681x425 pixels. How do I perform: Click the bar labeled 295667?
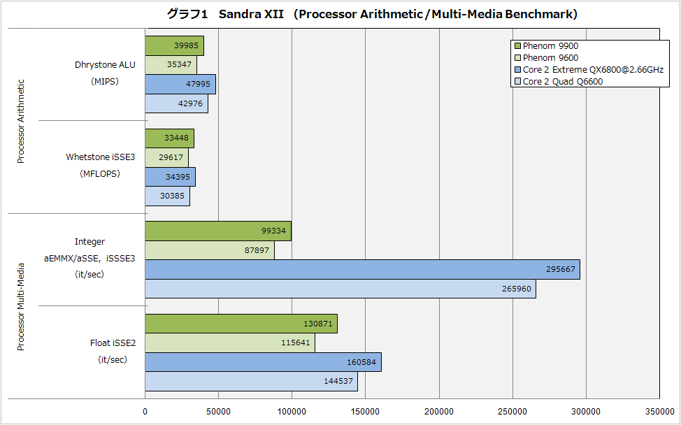362,270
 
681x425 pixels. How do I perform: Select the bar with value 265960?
340,288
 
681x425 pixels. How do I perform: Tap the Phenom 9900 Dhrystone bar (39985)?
174,46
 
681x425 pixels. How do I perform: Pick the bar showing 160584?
263,362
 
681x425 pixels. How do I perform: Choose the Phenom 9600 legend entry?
550,58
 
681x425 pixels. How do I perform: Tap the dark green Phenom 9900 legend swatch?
517,46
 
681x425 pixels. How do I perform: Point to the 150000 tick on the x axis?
365,412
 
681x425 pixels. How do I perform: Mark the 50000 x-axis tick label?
218,412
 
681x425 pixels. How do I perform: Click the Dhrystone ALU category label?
105,65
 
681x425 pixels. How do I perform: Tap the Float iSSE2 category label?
112,343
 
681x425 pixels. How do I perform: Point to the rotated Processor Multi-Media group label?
21,306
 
